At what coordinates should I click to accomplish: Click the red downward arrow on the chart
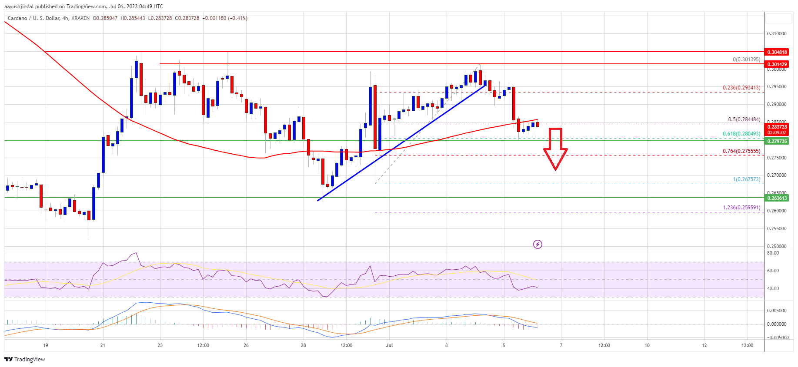pyautogui.click(x=555, y=148)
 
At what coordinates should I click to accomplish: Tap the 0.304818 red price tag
pyautogui.click(x=777, y=52)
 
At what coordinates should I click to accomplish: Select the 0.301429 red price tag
pyautogui.click(x=777, y=64)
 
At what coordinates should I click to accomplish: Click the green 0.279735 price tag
pyautogui.click(x=777, y=141)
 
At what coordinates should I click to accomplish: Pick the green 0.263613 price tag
pyautogui.click(x=777, y=198)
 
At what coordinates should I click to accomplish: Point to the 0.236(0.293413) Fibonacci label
pyautogui.click(x=741, y=88)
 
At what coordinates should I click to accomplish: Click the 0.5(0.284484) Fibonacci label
pyautogui.click(x=744, y=119)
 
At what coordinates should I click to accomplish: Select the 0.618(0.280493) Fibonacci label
pyautogui.click(x=741, y=134)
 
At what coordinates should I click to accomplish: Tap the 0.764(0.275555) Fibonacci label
pyautogui.click(x=741, y=151)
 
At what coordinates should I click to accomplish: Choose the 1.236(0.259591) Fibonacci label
pyautogui.click(x=741, y=208)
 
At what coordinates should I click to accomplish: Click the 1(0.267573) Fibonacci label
pyautogui.click(x=746, y=179)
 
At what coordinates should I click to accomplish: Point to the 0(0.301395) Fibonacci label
pyautogui.click(x=746, y=60)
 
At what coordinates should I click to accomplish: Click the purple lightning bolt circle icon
pyautogui.click(x=538, y=245)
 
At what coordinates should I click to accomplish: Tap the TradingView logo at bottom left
pyautogui.click(x=25, y=359)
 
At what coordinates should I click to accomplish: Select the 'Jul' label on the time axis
pyautogui.click(x=389, y=345)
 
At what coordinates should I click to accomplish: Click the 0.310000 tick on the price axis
pyautogui.click(x=776, y=33)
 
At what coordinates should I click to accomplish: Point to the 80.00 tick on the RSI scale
pyautogui.click(x=773, y=253)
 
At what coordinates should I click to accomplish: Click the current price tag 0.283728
pyautogui.click(x=777, y=127)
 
